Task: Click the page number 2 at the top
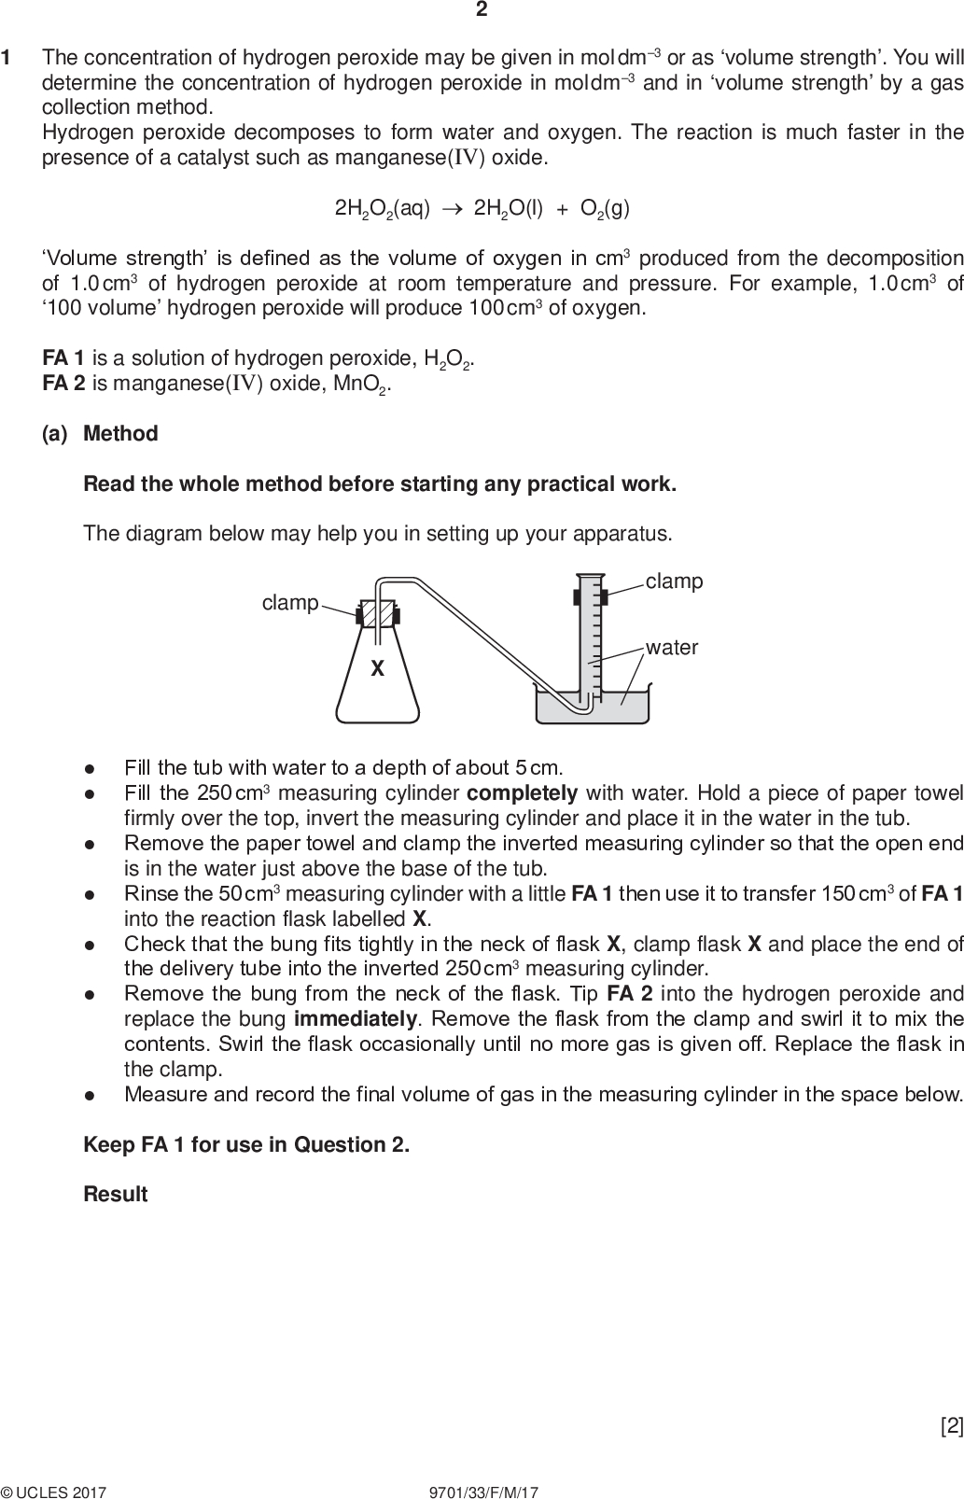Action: click(482, 10)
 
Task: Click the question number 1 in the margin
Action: click(7, 58)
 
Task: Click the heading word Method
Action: click(120, 433)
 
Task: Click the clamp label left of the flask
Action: click(290, 603)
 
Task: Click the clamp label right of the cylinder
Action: click(674, 581)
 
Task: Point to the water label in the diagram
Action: click(672, 647)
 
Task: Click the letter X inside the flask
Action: click(377, 669)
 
